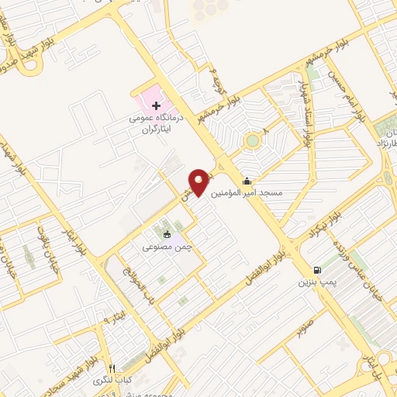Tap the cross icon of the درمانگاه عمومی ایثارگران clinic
[x=156, y=105]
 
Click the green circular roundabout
[x=252, y=141]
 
